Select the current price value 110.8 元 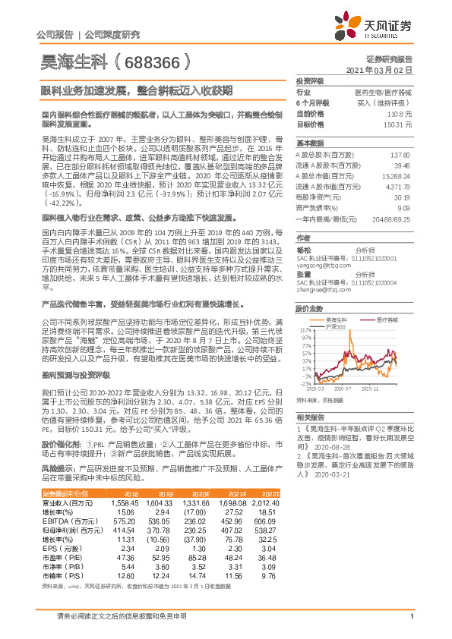click(x=400, y=112)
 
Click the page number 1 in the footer click(x=411, y=616)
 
